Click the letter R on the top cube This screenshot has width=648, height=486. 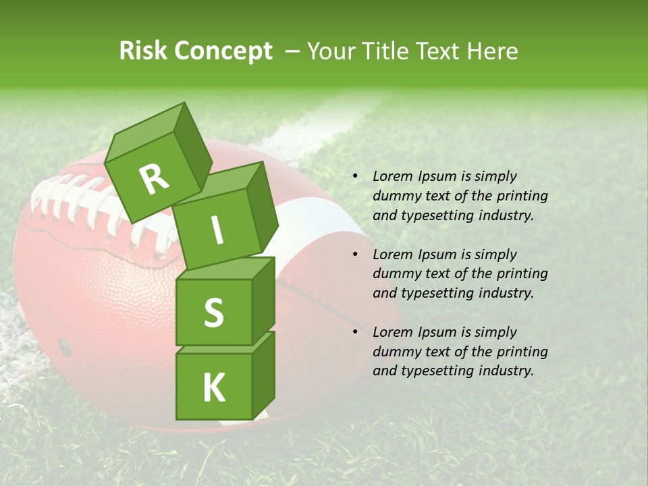tap(154, 179)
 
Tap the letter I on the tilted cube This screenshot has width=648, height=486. tap(217, 230)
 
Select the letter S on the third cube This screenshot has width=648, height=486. tap(213, 313)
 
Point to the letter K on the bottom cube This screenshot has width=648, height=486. tap(213, 387)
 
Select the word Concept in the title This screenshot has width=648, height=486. tap(222, 51)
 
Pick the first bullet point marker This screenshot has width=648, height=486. tap(355, 176)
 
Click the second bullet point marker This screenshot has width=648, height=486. tap(355, 254)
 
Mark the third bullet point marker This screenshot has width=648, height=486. tap(355, 332)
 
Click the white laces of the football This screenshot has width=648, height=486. tap(81, 202)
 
